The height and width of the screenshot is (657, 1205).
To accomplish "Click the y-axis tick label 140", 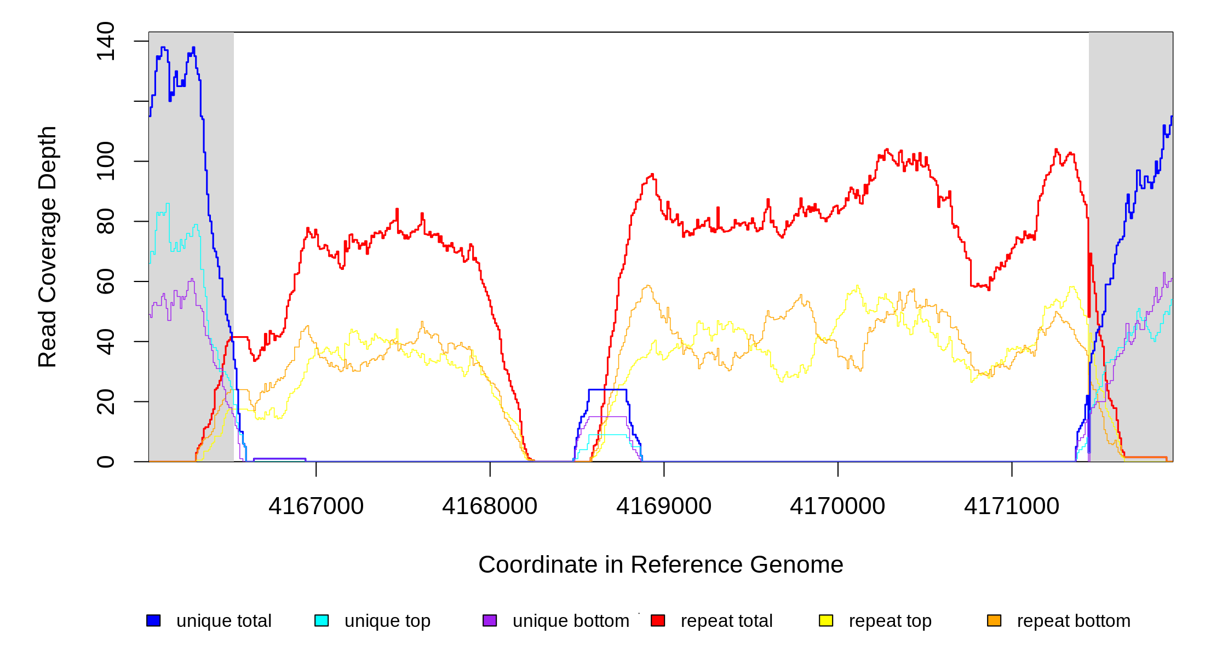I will click(x=105, y=41).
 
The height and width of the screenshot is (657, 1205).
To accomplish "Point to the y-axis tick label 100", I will click(x=105, y=161).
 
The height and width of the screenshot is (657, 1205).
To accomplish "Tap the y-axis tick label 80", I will click(x=105, y=221).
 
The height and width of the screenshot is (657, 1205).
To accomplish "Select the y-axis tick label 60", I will click(x=105, y=281).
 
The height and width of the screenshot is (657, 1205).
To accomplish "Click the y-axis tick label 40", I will click(x=105, y=342).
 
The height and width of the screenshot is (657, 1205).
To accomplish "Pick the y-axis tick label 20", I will click(x=105, y=401).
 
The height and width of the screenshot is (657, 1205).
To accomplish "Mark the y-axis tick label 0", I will click(x=105, y=462).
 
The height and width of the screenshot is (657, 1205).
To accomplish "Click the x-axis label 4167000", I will click(x=316, y=506).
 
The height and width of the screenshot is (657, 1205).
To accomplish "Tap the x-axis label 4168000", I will click(x=490, y=506).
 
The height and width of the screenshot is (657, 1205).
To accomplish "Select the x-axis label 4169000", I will click(x=664, y=506).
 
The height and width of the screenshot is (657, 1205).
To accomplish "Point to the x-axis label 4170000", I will click(x=837, y=506).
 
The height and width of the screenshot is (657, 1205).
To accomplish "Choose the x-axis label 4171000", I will click(x=1012, y=506).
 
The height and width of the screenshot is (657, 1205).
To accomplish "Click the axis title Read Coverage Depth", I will click(x=48, y=246).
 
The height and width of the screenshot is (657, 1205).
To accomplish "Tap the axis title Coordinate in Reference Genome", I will click(x=661, y=565).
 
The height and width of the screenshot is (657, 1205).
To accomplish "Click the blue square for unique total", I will click(x=153, y=620).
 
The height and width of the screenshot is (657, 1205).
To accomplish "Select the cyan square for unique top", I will click(x=322, y=620).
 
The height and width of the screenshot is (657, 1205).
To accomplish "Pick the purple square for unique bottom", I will click(x=490, y=620).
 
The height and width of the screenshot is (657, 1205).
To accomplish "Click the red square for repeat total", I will click(x=658, y=620).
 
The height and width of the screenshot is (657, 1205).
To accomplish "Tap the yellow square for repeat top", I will click(x=826, y=620).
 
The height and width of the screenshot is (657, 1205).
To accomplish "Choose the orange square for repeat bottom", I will click(x=994, y=620).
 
